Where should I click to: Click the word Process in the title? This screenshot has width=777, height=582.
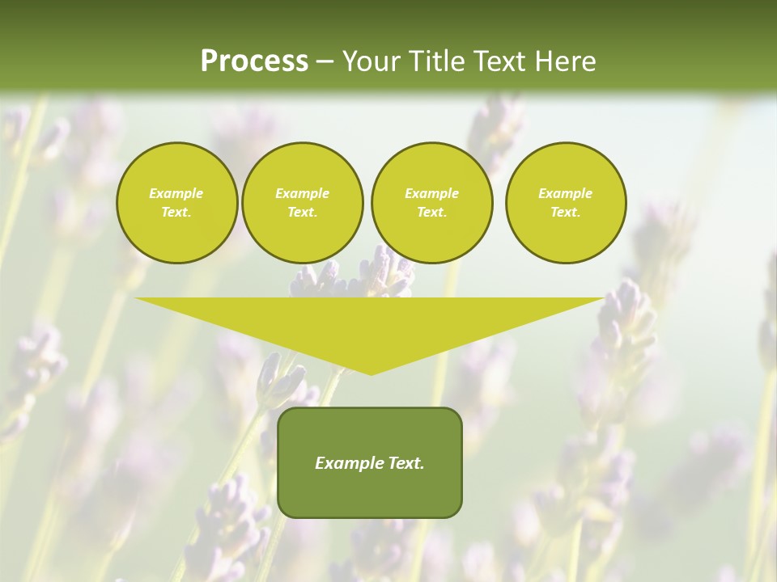(254, 61)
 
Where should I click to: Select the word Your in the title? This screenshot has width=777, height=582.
(368, 61)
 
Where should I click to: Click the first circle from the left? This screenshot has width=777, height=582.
(176, 203)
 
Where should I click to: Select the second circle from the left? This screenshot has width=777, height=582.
(302, 203)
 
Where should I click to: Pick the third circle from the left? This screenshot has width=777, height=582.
(431, 203)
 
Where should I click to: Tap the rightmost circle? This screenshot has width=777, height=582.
(566, 203)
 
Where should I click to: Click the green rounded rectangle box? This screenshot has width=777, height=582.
(369, 462)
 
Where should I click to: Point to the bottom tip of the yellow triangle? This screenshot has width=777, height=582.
(371, 373)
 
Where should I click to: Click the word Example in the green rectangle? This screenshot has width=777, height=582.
(349, 463)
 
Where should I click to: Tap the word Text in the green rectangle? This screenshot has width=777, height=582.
(405, 463)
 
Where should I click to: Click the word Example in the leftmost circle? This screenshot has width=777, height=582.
(176, 193)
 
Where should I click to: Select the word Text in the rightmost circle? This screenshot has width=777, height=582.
(566, 213)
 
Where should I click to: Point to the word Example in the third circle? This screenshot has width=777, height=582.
(431, 193)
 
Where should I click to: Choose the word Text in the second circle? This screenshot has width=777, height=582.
(302, 213)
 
